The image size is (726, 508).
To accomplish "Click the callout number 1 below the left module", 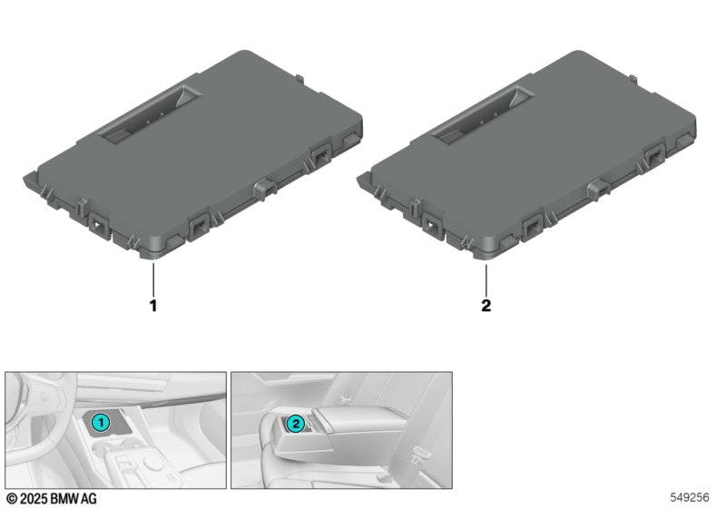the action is [153, 306].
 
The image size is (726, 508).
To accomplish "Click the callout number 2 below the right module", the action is [486, 306].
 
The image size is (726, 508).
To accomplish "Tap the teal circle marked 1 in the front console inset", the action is [101, 423].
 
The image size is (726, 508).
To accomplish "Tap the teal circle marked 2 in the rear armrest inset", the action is [296, 424].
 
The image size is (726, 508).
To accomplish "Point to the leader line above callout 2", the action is [486, 279].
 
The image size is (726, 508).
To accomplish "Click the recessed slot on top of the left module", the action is [151, 113].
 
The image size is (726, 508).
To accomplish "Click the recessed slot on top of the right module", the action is [484, 113].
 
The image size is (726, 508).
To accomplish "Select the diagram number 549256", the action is [690, 497].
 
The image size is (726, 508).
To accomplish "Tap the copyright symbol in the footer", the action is [12, 499].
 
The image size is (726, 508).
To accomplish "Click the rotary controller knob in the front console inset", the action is [152, 462].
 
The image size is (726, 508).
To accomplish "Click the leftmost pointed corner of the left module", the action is [24, 177].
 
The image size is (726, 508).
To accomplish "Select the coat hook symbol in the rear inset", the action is [343, 398].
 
